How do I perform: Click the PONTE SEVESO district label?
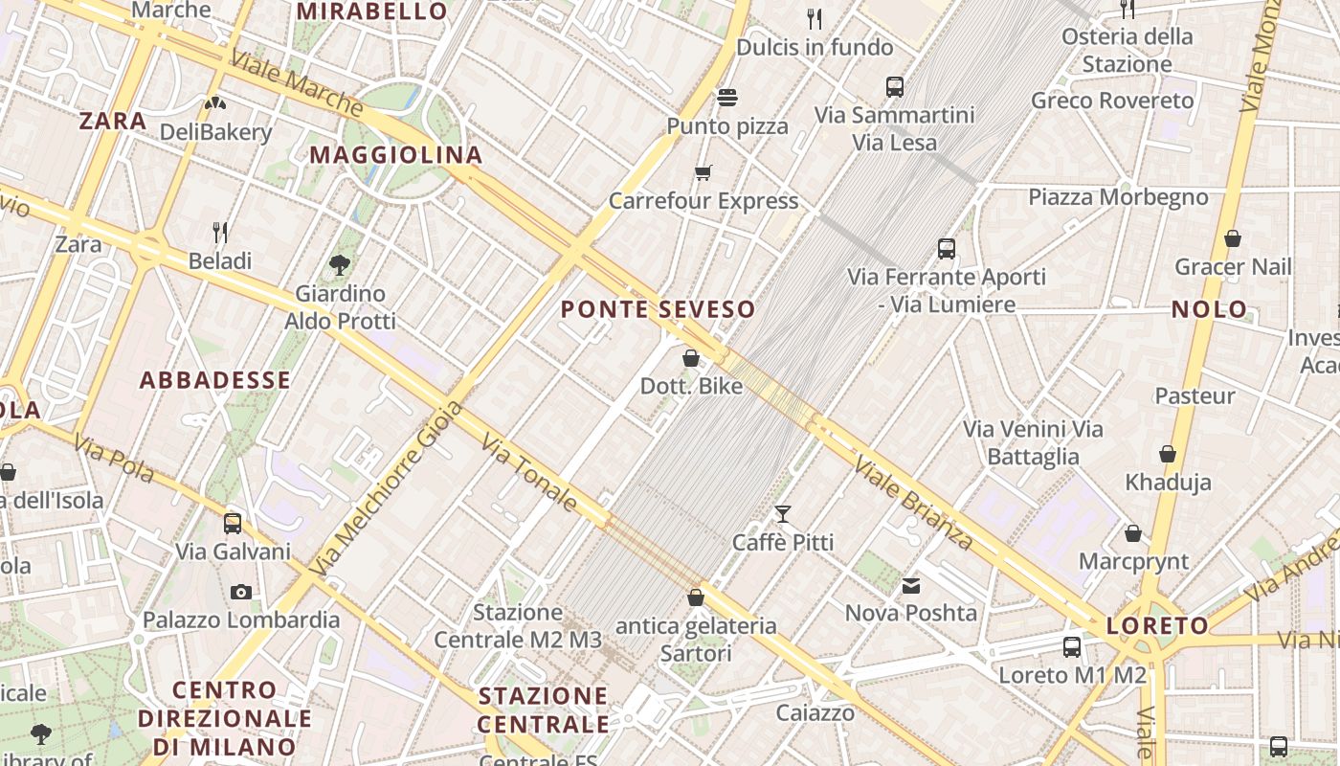pos(658,309)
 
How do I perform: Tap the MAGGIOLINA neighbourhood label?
pos(396,155)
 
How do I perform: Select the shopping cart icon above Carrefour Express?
pos(703,173)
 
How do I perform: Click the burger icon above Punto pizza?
pos(727,98)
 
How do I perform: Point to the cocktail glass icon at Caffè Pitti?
pos(783,515)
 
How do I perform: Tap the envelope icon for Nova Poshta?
pos(911,585)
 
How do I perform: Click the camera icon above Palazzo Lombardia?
pos(241,592)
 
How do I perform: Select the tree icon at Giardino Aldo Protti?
pos(339,264)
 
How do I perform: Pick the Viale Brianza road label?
pos(914,505)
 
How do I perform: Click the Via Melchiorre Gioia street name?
pos(387,489)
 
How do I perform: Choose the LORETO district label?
pos(1157,626)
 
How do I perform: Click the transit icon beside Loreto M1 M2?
pos(1072,647)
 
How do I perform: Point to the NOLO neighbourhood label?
pos(1210,309)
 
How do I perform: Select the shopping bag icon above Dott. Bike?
pos(691,358)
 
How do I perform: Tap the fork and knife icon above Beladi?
pos(220,232)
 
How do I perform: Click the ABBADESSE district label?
pos(215,380)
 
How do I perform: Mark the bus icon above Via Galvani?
pos(233,524)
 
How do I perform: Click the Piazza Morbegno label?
pos(1118,197)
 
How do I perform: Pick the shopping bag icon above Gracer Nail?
pos(1233,238)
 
